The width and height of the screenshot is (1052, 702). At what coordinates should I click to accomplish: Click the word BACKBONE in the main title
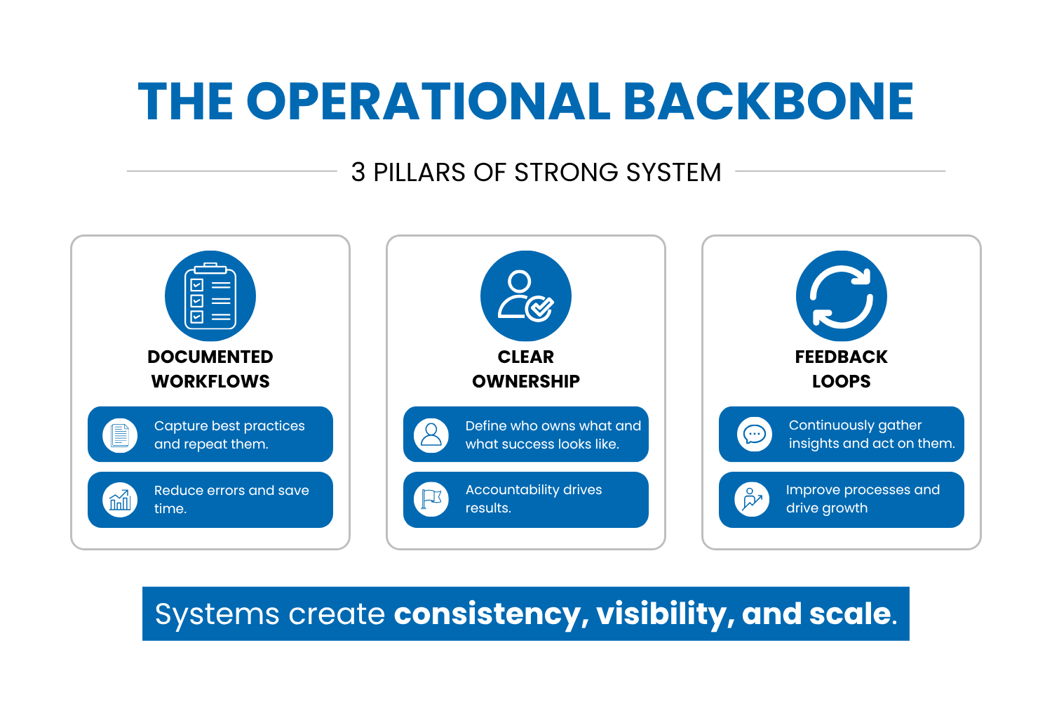coord(769,101)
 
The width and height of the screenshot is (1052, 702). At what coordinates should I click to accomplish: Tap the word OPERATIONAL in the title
coord(428,101)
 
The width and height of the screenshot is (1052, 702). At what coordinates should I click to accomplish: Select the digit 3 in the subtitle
coord(358,172)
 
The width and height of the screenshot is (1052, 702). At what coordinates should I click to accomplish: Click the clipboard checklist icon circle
coord(210,296)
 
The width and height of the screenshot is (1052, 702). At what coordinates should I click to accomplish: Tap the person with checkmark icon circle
coord(526,296)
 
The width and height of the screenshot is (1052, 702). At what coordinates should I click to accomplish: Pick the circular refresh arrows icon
coord(842,296)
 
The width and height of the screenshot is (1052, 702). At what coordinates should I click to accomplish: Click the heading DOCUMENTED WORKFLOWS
coord(210,369)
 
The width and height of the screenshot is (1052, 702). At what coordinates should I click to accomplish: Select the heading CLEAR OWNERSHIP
coord(526,369)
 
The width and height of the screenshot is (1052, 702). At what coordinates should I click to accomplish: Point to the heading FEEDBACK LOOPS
coord(842,369)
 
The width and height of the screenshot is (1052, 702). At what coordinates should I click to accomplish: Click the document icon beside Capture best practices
coord(120,435)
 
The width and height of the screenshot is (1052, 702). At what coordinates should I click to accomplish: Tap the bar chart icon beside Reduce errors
coord(120,500)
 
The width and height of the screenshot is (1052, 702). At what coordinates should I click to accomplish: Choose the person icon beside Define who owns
coord(431,435)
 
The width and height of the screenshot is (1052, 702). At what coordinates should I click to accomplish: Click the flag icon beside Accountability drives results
coord(431,499)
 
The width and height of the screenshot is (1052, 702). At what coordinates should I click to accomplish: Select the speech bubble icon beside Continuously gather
coord(754,435)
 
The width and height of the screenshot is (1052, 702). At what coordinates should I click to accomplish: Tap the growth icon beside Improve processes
coord(752,499)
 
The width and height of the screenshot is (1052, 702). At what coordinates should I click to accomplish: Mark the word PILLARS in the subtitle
coord(419,172)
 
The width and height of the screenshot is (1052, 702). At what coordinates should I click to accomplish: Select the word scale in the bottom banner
coord(853,614)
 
